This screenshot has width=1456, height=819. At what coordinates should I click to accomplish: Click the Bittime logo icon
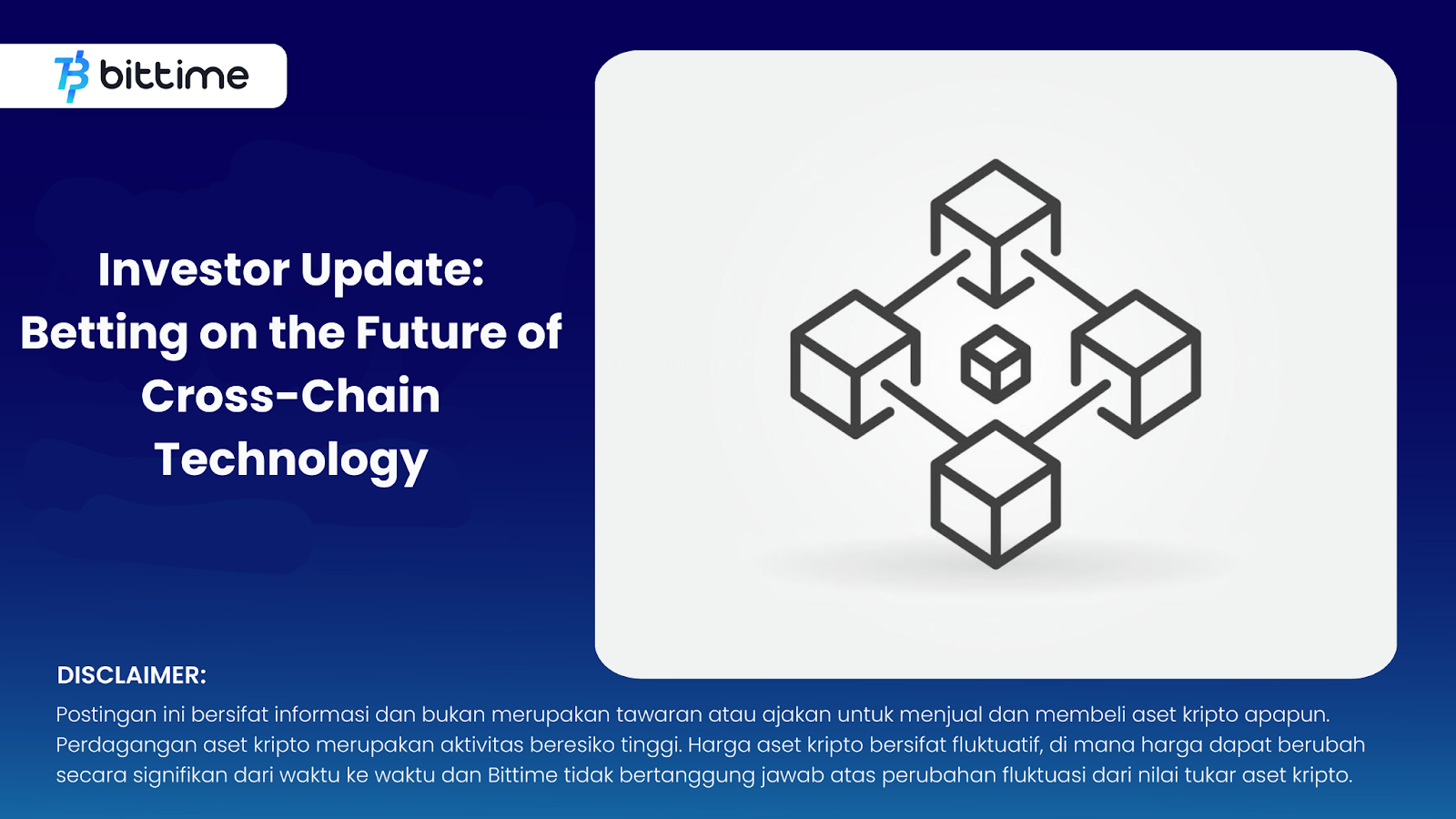point(72,76)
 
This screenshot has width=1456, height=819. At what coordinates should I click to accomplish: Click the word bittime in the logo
point(174,76)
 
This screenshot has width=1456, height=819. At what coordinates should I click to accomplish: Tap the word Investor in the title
point(194,269)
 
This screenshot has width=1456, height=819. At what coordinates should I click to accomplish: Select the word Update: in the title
point(392,270)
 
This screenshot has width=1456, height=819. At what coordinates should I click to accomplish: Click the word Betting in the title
point(104,333)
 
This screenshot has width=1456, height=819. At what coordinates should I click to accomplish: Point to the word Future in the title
point(431,332)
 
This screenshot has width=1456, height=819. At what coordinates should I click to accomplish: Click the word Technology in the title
point(290,460)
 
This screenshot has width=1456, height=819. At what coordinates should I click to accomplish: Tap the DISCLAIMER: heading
point(131,675)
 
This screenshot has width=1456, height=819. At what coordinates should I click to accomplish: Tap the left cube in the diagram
point(855,364)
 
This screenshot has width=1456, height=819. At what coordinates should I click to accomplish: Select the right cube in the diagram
point(1137,364)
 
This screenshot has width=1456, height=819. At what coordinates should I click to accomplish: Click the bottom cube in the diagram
point(996,495)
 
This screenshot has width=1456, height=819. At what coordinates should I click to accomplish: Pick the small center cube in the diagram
point(996,365)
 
